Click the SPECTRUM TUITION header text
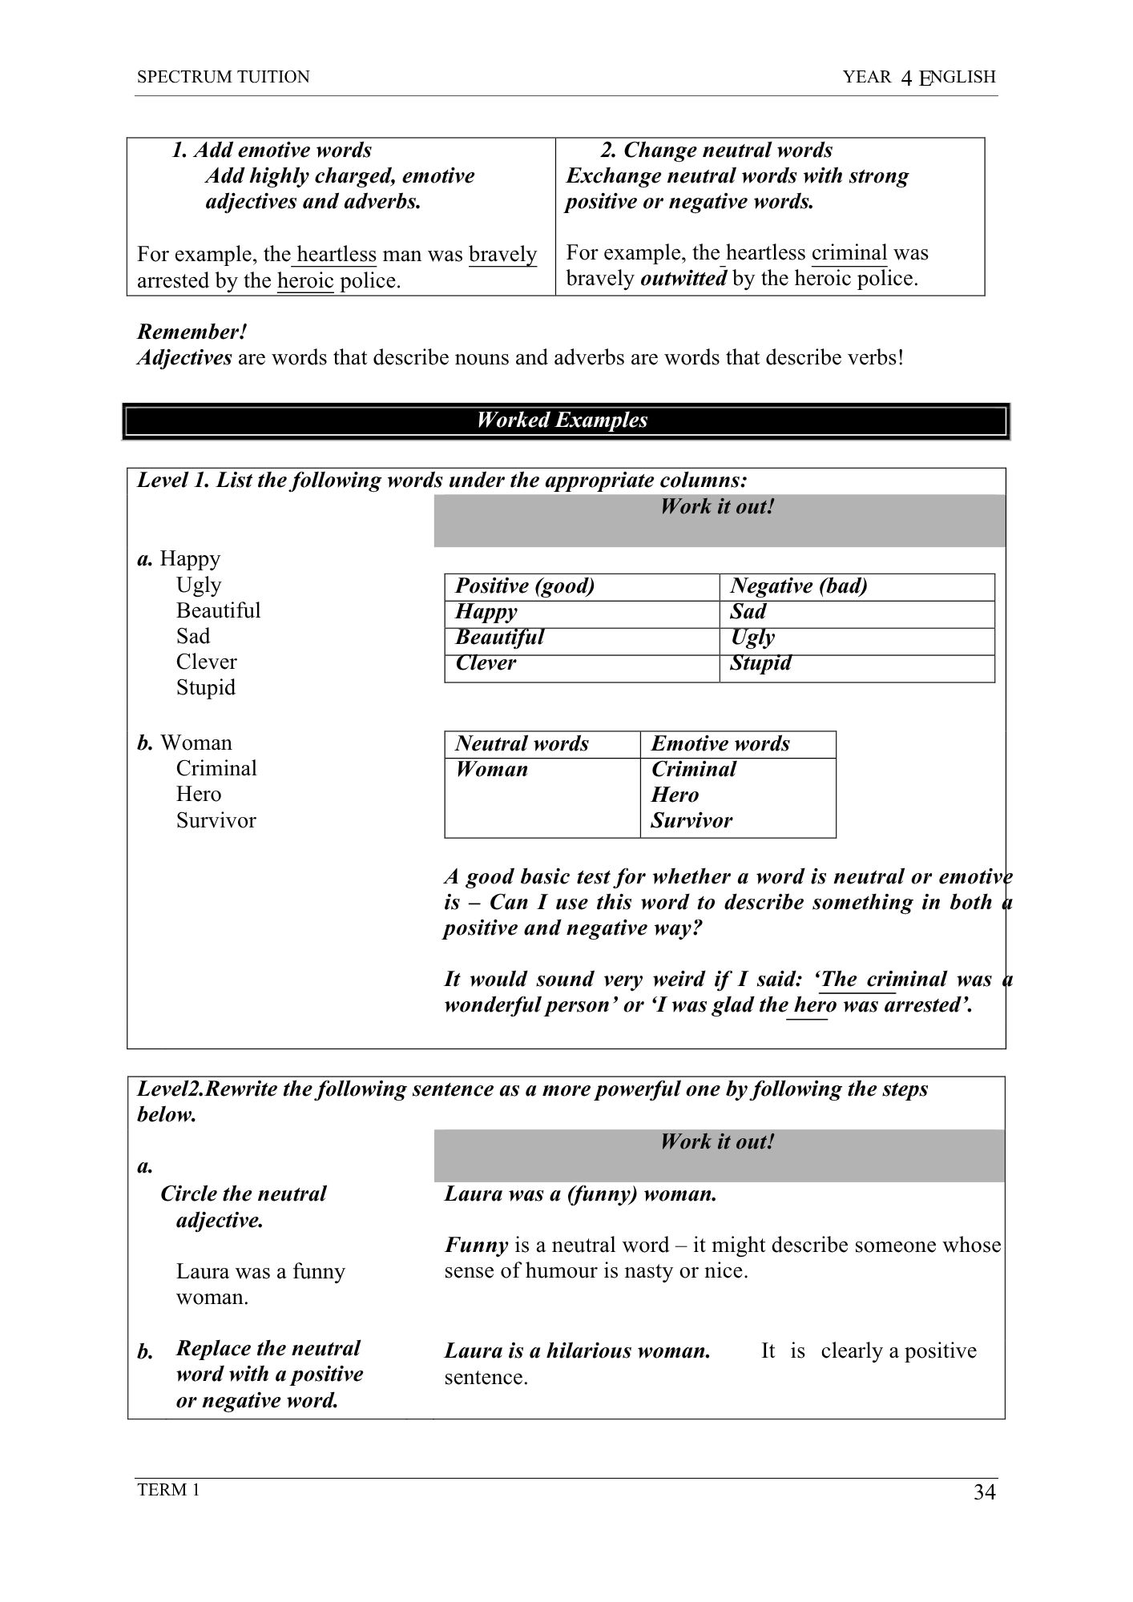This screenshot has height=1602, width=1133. tap(223, 77)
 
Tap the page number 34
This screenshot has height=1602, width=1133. tap(984, 1492)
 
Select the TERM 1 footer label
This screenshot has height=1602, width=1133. tap(168, 1490)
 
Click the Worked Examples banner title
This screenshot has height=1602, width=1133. tap(562, 421)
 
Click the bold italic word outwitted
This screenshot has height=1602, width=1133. tap(683, 279)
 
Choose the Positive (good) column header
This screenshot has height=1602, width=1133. tap(525, 586)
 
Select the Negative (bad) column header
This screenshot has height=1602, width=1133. tap(798, 586)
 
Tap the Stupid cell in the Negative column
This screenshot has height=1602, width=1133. tap(760, 663)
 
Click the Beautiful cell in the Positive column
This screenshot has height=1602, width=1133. tap(499, 638)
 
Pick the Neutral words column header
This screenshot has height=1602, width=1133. tap(522, 744)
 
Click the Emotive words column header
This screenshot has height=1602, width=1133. tap(720, 744)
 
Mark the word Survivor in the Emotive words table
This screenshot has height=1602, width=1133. tap(691, 821)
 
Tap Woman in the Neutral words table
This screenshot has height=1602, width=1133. tap(491, 770)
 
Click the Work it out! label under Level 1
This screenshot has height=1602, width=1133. tap(717, 507)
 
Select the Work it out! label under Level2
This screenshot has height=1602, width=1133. tap(717, 1142)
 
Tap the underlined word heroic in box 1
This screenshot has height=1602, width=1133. tap(305, 281)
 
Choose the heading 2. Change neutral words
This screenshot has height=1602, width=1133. tap(716, 151)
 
